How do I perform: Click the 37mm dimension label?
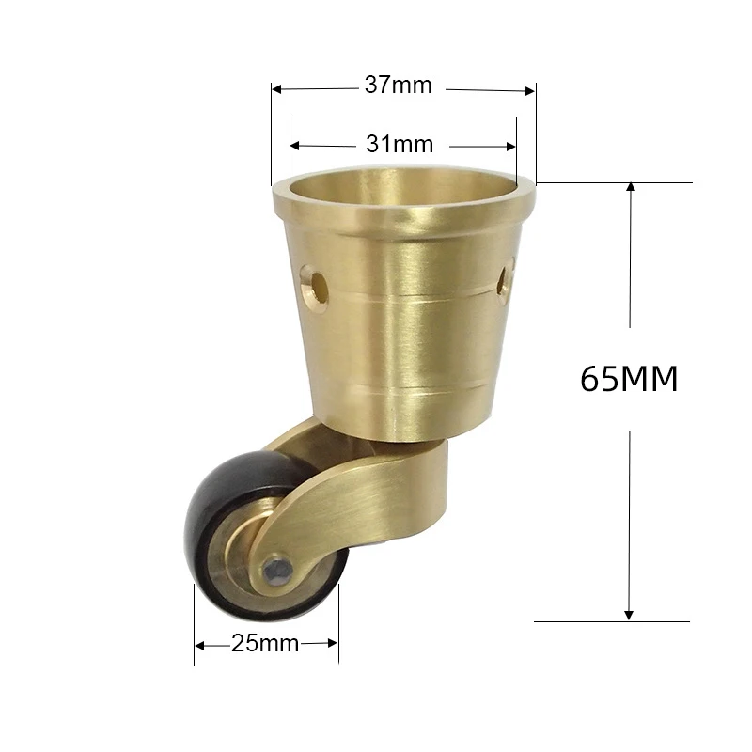398,86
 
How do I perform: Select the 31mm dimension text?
399,145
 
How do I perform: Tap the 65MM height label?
629,379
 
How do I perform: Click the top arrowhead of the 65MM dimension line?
631,188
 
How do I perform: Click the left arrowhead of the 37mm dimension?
277,89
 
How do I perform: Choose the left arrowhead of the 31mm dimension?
296,146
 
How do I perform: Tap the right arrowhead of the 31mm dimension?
510,146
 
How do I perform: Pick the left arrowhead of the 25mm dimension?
200,645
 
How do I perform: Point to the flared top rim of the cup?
404,211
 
